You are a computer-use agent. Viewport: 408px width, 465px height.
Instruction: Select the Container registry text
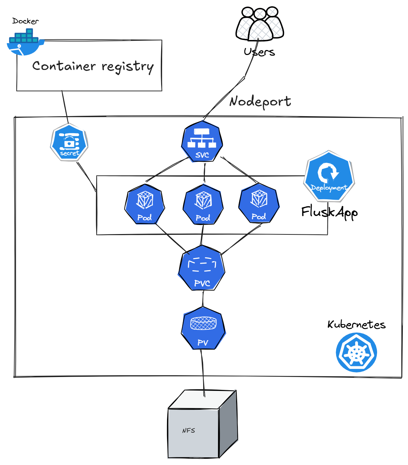(93, 66)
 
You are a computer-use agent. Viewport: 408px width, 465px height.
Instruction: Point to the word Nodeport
(260, 102)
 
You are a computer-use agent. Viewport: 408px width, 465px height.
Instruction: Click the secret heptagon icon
(69, 143)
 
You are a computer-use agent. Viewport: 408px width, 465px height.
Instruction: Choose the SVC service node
(202, 142)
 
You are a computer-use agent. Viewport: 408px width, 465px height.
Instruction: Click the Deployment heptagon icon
(329, 176)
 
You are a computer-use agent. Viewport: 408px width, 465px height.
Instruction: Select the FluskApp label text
(329, 212)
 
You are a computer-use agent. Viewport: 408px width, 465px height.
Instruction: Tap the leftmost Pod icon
(144, 205)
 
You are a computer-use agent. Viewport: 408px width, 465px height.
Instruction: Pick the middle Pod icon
(203, 205)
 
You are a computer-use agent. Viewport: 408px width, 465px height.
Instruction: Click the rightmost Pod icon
(259, 203)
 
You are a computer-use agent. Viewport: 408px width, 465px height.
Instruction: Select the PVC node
(202, 268)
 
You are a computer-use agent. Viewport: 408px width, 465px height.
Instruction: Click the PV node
(203, 328)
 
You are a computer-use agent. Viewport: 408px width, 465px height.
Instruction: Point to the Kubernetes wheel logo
(356, 352)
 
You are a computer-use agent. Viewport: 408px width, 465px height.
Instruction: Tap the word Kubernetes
(356, 324)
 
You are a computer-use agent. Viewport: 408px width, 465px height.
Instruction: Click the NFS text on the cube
(189, 431)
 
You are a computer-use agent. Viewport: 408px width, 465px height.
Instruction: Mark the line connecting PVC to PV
(203, 298)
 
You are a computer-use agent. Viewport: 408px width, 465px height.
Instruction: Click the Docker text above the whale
(25, 21)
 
